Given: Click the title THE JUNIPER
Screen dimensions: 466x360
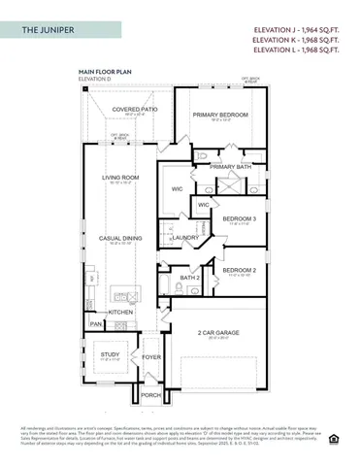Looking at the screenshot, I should pos(49,31).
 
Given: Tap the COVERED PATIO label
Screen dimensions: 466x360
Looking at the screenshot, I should pos(135,110).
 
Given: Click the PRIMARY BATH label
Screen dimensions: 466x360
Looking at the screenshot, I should pos(230,167).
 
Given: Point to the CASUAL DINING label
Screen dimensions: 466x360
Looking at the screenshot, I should pos(121,238).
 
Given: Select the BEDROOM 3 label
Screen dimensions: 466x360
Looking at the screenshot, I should pos(239,218).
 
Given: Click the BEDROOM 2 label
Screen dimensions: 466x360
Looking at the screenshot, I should pos(239,269).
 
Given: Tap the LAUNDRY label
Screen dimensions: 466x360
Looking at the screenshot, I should pos(186,237).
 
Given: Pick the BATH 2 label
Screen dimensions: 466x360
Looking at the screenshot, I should pos(190,278).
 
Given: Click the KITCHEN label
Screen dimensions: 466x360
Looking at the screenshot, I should pos(120,312).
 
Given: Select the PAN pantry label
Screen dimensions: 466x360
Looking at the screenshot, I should pos(95,323).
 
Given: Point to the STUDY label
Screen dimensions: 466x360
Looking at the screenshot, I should pos(110,354).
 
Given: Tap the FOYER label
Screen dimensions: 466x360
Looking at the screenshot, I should pos(151,356).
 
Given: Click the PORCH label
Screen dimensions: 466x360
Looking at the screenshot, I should pos(151,395).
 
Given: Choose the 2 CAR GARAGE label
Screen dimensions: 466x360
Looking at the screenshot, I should pos(219,332).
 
